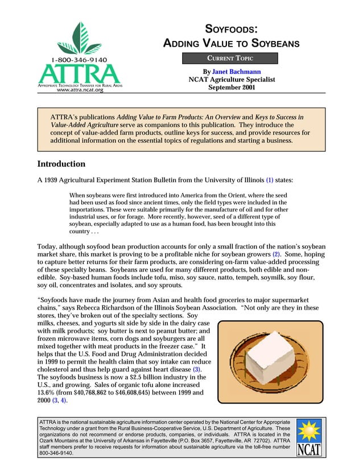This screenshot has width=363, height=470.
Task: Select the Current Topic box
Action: pyautogui.click(x=230, y=58)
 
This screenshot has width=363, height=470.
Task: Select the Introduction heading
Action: pyautogui.click(x=61, y=164)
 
